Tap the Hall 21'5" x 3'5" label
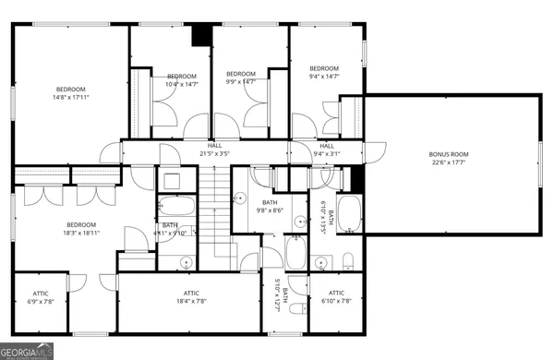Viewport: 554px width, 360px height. point(214,150)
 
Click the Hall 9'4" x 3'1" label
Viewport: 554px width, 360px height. point(327,150)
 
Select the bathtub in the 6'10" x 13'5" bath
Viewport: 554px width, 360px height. point(350,214)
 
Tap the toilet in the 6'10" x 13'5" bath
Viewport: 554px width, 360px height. point(349,258)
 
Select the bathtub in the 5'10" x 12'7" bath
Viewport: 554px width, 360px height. point(295,253)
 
